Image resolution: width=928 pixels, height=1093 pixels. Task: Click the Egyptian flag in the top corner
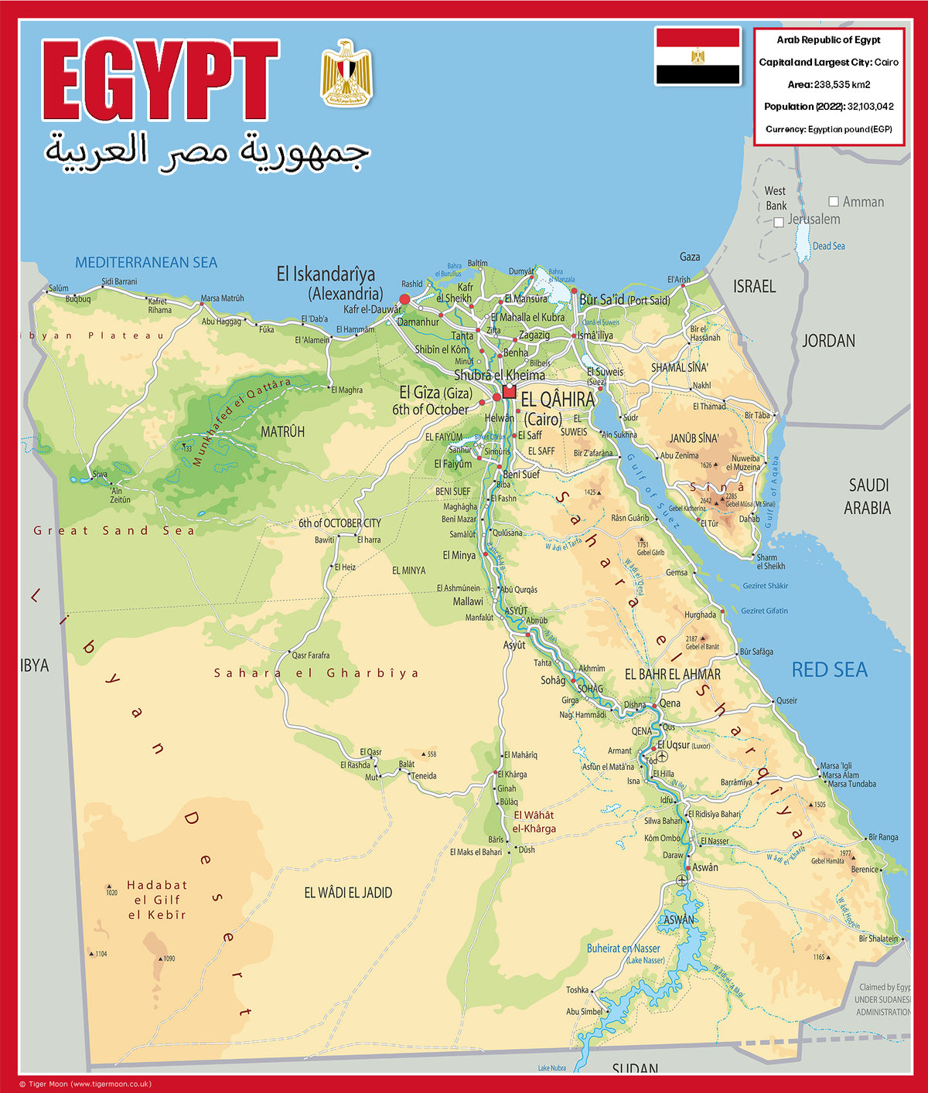pos(698,56)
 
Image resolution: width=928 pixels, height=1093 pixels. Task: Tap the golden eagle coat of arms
pos(346,73)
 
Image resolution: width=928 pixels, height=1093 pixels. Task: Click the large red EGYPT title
pos(159,80)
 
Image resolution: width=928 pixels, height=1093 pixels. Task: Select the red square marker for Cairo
pos(509,392)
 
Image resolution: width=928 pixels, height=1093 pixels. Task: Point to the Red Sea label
pos(829,670)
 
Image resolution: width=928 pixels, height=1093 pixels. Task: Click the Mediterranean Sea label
pos(146,263)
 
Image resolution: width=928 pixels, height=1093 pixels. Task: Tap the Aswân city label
pos(705,867)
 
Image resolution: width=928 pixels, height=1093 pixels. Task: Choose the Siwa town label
pos(100,474)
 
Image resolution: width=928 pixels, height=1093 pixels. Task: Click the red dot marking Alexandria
pos(404,299)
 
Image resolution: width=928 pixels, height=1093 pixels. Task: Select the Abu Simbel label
pos(584,1011)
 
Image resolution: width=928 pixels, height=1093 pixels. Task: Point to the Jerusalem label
pos(814,220)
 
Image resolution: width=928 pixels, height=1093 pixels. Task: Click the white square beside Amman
pos(834,201)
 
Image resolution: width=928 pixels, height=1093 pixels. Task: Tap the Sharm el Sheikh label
pos(770,562)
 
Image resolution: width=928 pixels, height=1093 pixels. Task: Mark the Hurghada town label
pos(700,615)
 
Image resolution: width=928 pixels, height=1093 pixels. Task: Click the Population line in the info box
pos(829,107)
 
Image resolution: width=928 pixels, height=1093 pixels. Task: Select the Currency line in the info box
pos(829,129)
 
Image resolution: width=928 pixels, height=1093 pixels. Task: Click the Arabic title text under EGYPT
pos(207,152)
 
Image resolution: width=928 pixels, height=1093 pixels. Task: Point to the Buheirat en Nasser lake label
pos(623,948)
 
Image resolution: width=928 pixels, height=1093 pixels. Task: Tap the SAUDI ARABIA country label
pos(868,496)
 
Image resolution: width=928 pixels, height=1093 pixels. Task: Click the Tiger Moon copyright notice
pos(85,1084)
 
